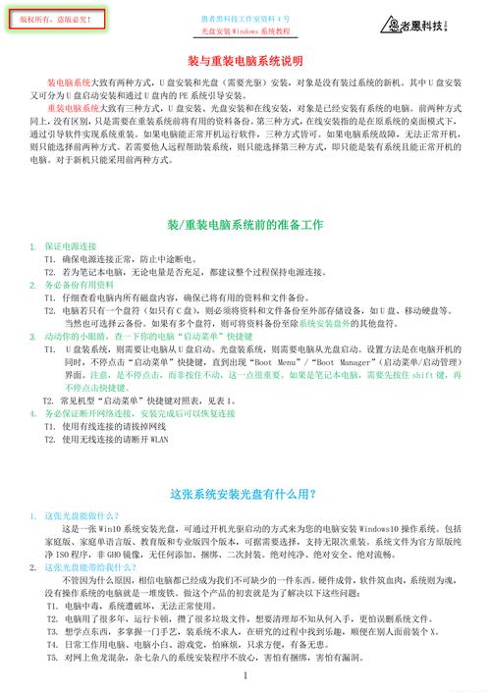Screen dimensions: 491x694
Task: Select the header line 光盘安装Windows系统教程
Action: (245, 31)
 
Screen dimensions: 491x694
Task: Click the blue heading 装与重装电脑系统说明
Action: (245, 61)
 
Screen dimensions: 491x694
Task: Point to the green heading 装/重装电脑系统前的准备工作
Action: (245, 225)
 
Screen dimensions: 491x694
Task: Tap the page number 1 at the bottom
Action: (245, 676)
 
